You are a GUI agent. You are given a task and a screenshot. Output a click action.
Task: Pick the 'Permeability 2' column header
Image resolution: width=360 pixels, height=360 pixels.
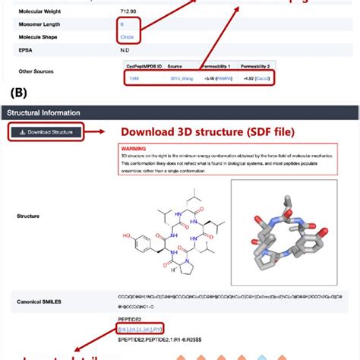pos(257,67)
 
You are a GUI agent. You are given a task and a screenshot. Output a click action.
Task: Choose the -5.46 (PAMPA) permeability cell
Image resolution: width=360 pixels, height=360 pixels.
pos(216,77)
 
